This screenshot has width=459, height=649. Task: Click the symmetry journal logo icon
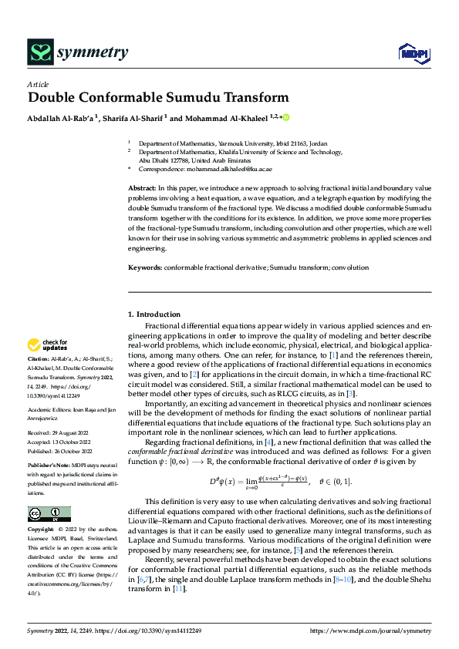pyautogui.click(x=39, y=52)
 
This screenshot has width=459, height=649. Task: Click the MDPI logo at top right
pyautogui.click(x=413, y=52)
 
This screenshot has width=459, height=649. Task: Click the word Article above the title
pyautogui.click(x=38, y=83)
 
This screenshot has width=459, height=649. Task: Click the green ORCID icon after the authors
pyautogui.click(x=285, y=119)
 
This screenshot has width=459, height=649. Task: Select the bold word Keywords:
pyautogui.click(x=145, y=267)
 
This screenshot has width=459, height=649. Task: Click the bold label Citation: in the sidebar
pyautogui.click(x=40, y=360)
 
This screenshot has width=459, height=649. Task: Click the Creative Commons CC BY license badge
pyautogui.click(x=49, y=514)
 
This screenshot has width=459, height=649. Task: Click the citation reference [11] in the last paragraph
pyautogui.click(x=223, y=587)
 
